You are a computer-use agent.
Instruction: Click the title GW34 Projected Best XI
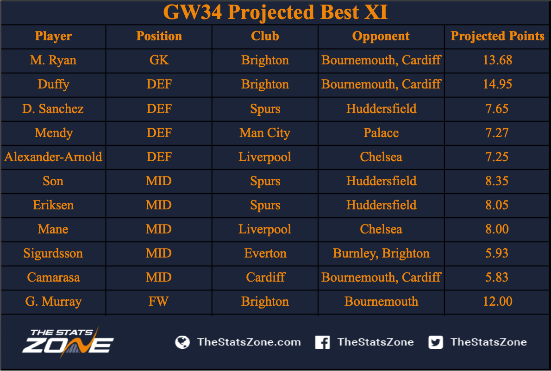click(275, 12)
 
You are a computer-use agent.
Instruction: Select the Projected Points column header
click(497, 36)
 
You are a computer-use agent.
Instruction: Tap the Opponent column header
click(381, 36)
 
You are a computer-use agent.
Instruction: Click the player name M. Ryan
click(53, 60)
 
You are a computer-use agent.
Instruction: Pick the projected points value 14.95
click(497, 84)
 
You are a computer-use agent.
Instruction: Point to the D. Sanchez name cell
click(53, 109)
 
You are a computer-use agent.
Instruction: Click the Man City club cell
click(264, 133)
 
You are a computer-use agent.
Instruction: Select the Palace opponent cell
click(381, 133)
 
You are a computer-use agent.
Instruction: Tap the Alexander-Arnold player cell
click(53, 157)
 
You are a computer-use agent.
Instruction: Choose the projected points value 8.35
click(497, 181)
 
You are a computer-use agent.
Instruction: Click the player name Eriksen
click(53, 205)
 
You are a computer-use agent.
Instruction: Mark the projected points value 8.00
click(497, 229)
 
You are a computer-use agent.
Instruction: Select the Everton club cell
click(265, 253)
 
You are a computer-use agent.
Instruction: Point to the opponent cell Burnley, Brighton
click(381, 253)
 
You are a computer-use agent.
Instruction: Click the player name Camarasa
click(53, 277)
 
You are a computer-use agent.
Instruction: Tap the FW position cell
click(158, 302)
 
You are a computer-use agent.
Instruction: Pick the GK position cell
click(159, 60)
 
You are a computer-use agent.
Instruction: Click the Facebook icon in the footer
click(322, 342)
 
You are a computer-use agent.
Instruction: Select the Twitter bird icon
click(435, 342)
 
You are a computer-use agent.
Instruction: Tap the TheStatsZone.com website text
click(249, 342)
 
